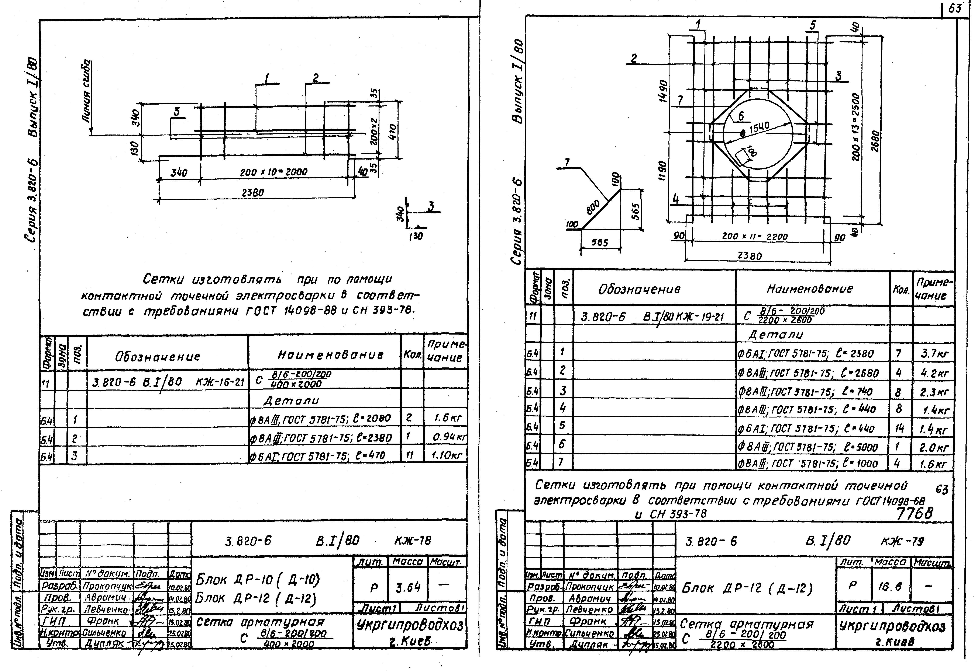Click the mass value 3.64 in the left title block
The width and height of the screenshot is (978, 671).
click(408, 587)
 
